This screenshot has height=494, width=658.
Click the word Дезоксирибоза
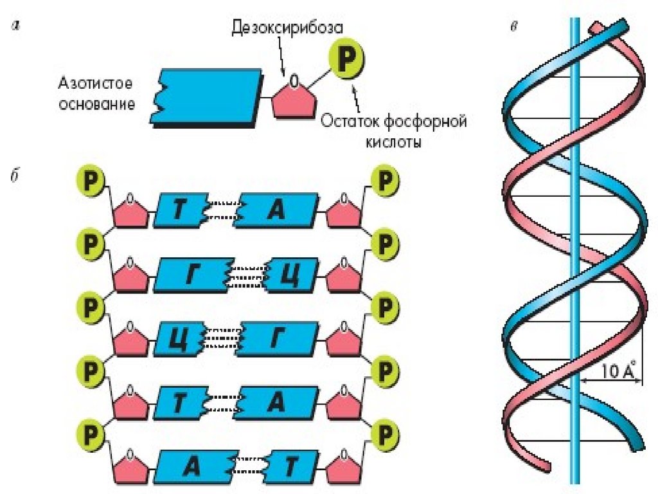(287, 29)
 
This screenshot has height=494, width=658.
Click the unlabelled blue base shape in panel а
(206, 96)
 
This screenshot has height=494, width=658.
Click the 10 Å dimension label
(619, 371)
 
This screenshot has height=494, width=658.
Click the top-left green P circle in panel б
(91, 180)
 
